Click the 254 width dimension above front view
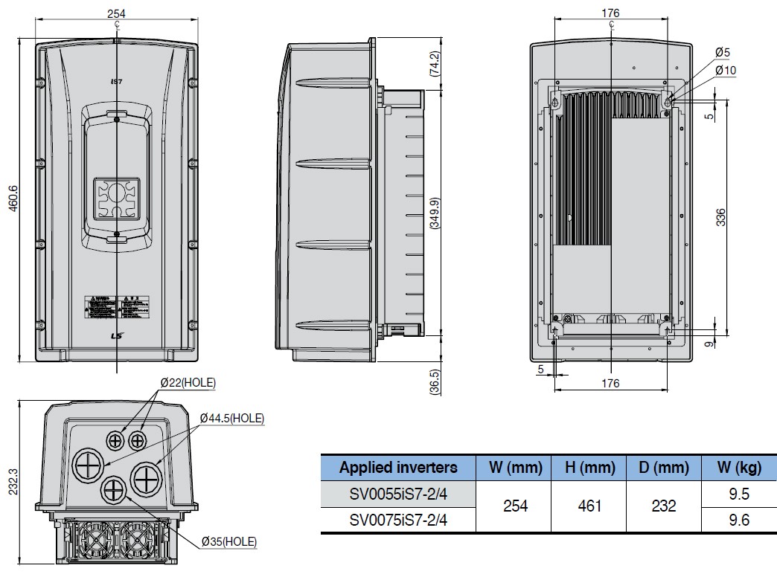[x=115, y=13]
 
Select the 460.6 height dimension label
[x=13, y=197]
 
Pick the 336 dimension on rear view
[x=720, y=216]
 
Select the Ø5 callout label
[x=722, y=52]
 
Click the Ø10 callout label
[x=725, y=70]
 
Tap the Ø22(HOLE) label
[x=188, y=383]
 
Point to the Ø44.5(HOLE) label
[x=231, y=419]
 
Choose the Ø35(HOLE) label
[x=228, y=544]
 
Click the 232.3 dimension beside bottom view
[x=13, y=487]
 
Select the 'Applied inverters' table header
[x=398, y=468]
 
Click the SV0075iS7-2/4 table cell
[x=398, y=520]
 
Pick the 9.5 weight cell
[x=738, y=493]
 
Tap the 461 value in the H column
[x=589, y=506]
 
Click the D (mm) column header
[x=663, y=468]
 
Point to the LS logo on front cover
[x=116, y=336]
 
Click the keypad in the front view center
[x=116, y=199]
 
